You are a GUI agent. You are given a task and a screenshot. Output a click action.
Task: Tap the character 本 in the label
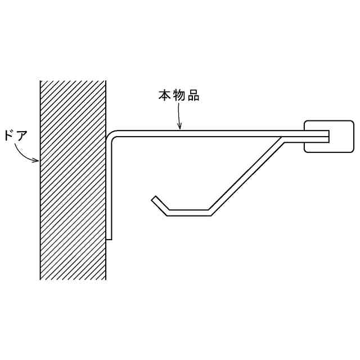[163, 96]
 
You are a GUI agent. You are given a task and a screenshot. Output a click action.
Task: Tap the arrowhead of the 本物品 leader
[179, 128]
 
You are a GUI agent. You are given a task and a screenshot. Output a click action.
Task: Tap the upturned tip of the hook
[154, 199]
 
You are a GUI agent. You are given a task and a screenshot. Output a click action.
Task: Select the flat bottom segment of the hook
[188, 213]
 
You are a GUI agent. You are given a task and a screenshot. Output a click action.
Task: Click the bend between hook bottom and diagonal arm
[209, 212]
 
